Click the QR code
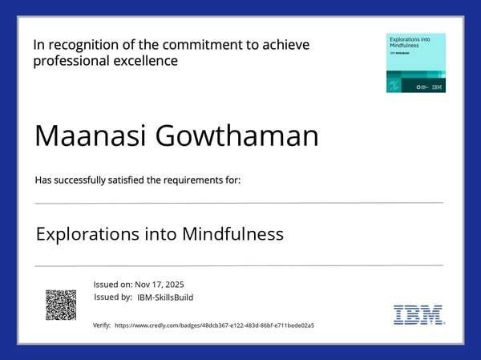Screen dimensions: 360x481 [61, 305]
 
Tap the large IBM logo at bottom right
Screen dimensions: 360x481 [418, 314]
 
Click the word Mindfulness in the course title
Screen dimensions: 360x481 [233, 234]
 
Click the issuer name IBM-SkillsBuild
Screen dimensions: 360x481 [165, 297]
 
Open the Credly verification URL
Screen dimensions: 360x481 [214, 326]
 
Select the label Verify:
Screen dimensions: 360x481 [102, 326]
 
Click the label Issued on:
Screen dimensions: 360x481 [113, 285]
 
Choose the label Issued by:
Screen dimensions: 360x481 [113, 297]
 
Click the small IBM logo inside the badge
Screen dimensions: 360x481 [437, 86]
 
